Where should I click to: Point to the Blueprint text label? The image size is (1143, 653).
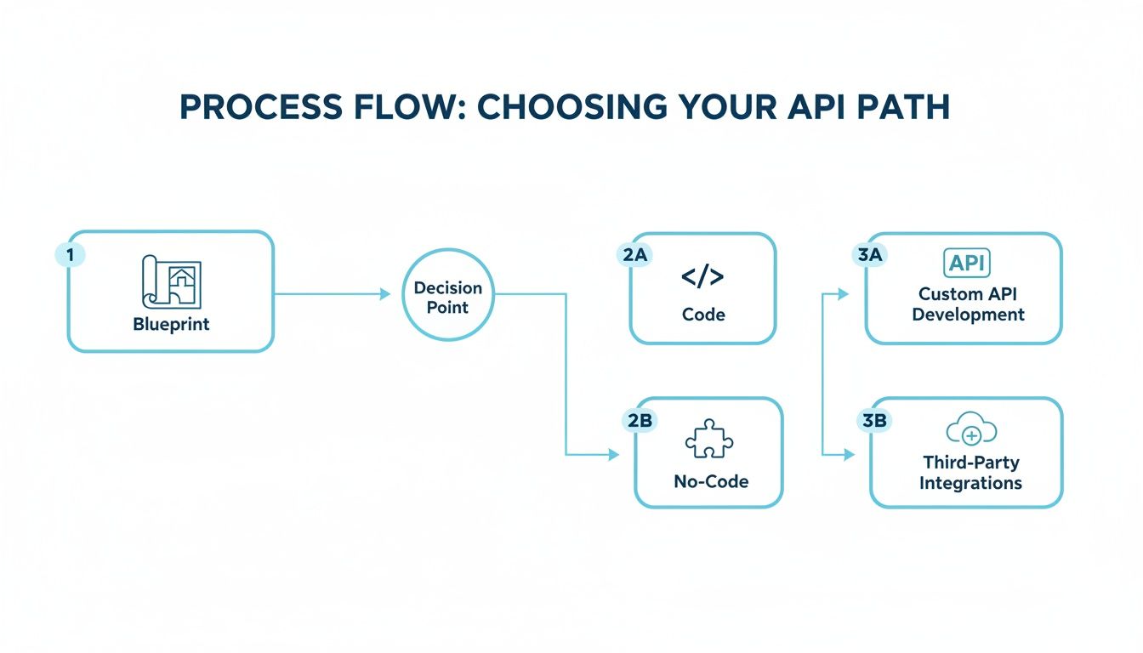(x=171, y=325)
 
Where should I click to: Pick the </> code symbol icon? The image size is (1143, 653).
(x=702, y=277)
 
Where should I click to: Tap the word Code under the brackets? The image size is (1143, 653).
(x=703, y=315)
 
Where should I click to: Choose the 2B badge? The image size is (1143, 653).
(x=639, y=419)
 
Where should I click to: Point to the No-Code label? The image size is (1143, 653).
(x=711, y=481)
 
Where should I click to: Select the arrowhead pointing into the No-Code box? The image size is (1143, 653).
(x=614, y=456)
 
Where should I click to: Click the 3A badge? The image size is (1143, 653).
(x=868, y=255)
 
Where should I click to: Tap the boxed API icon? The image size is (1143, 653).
(x=968, y=263)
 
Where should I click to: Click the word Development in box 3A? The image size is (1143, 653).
(x=968, y=315)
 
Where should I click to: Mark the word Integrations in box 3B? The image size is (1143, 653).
(x=970, y=483)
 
